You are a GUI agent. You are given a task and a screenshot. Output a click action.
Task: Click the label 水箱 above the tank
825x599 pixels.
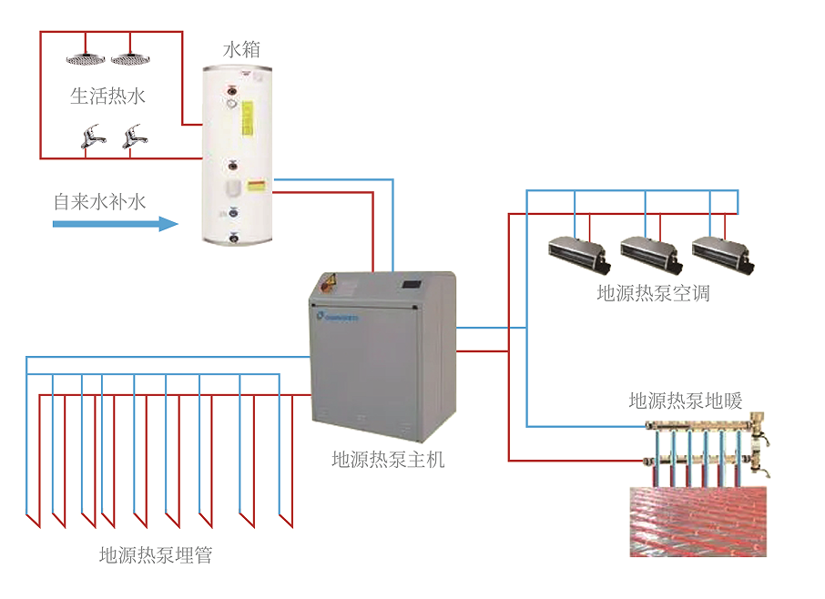(x=241, y=50)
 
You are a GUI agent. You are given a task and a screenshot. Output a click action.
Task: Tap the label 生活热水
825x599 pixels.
(x=108, y=96)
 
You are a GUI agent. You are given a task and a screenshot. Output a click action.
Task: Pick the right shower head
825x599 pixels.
(x=130, y=59)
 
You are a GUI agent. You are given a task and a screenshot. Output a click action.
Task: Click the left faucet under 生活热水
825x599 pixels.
(x=91, y=137)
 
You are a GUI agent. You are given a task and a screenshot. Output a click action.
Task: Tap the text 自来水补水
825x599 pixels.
(x=99, y=200)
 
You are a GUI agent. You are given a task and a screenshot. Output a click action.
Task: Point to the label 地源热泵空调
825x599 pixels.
(x=653, y=293)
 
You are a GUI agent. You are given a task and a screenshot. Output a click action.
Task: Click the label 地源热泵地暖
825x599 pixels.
(x=686, y=401)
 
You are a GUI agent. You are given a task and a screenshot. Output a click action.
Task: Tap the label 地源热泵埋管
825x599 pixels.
(x=156, y=554)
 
